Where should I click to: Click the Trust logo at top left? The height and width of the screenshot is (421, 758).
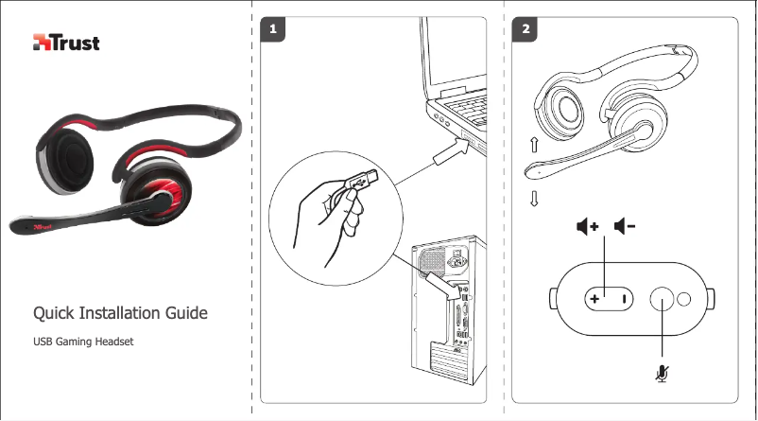(x=66, y=43)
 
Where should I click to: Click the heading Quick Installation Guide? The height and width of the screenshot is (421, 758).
(x=121, y=312)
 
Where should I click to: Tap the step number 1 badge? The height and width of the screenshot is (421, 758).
(x=273, y=29)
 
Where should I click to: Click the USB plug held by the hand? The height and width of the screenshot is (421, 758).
(x=363, y=179)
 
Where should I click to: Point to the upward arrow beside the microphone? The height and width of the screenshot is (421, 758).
(x=535, y=145)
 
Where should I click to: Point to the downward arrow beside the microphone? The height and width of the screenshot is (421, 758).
(x=535, y=199)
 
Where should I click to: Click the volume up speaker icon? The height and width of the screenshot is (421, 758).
(x=588, y=227)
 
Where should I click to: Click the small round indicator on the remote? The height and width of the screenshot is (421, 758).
(x=685, y=300)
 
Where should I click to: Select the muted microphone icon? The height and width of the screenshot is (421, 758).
(x=663, y=375)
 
